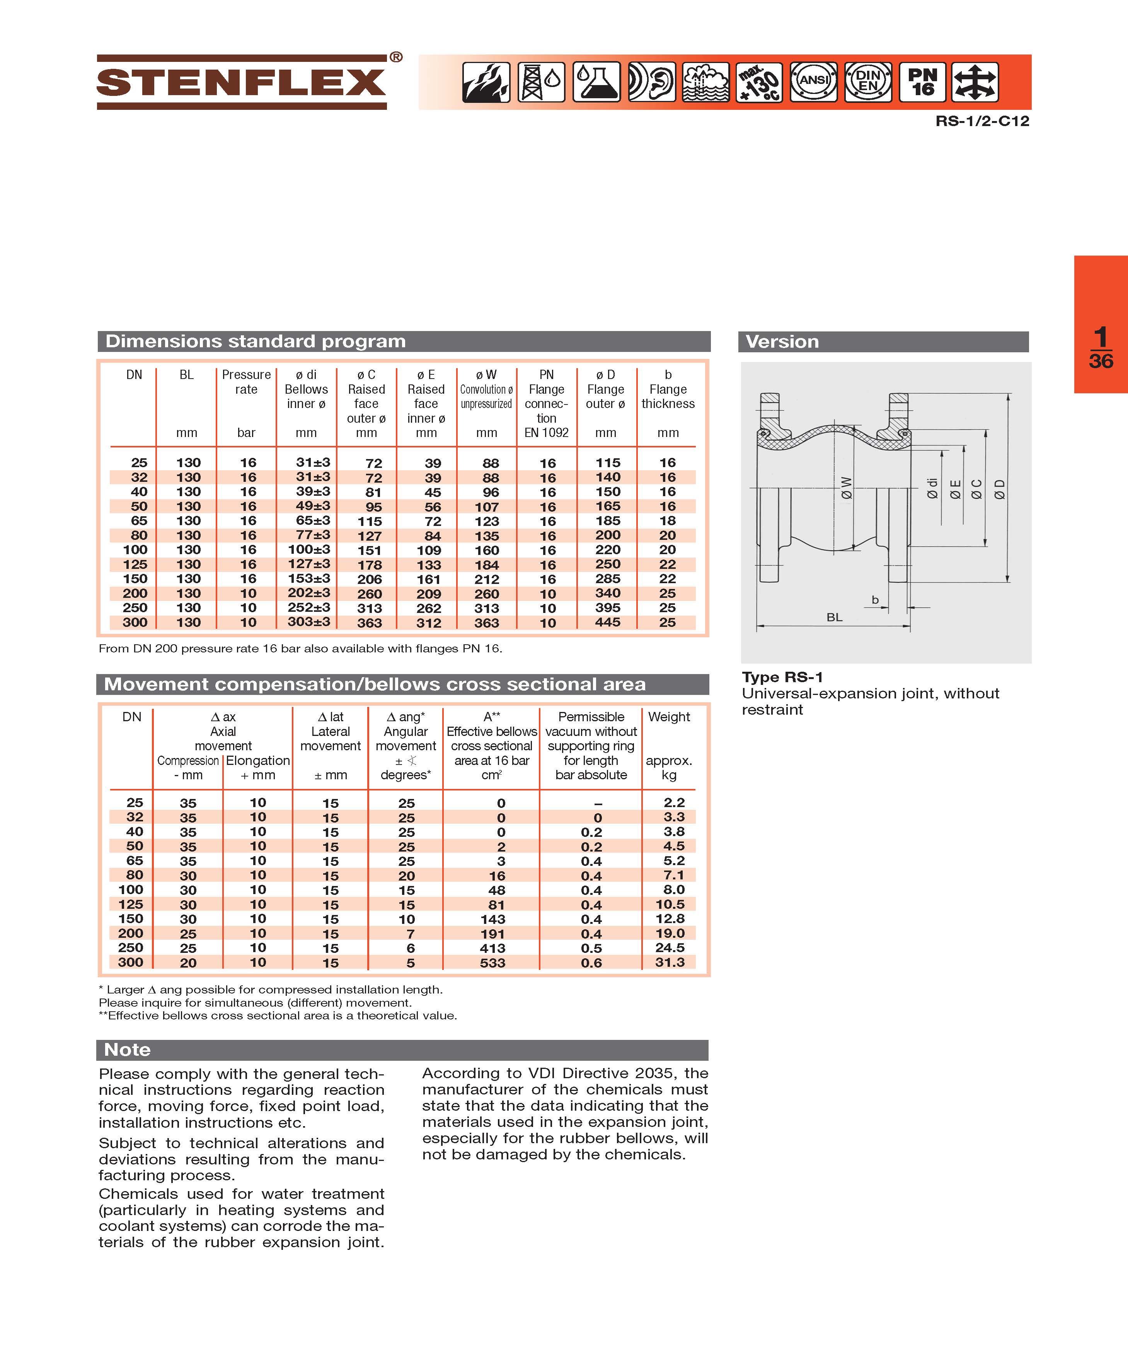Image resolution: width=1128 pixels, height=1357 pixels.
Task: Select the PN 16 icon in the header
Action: [923, 82]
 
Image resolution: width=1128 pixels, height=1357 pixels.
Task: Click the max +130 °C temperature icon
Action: [759, 82]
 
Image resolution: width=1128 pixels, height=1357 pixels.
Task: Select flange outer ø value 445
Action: [607, 621]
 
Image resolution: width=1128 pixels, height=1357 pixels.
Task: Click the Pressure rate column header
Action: [246, 382]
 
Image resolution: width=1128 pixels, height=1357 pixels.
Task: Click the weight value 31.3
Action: [670, 962]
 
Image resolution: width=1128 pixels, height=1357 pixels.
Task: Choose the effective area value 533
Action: [492, 963]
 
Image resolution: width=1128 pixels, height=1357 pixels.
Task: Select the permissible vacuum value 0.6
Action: [591, 963]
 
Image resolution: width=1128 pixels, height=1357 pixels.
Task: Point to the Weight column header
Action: [669, 717]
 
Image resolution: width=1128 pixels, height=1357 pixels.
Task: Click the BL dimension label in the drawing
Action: [834, 617]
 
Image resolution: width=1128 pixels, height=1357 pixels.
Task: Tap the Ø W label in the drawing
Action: [846, 488]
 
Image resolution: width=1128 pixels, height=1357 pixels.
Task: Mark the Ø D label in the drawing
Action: [999, 489]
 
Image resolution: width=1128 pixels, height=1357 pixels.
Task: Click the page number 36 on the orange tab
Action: [1101, 360]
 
